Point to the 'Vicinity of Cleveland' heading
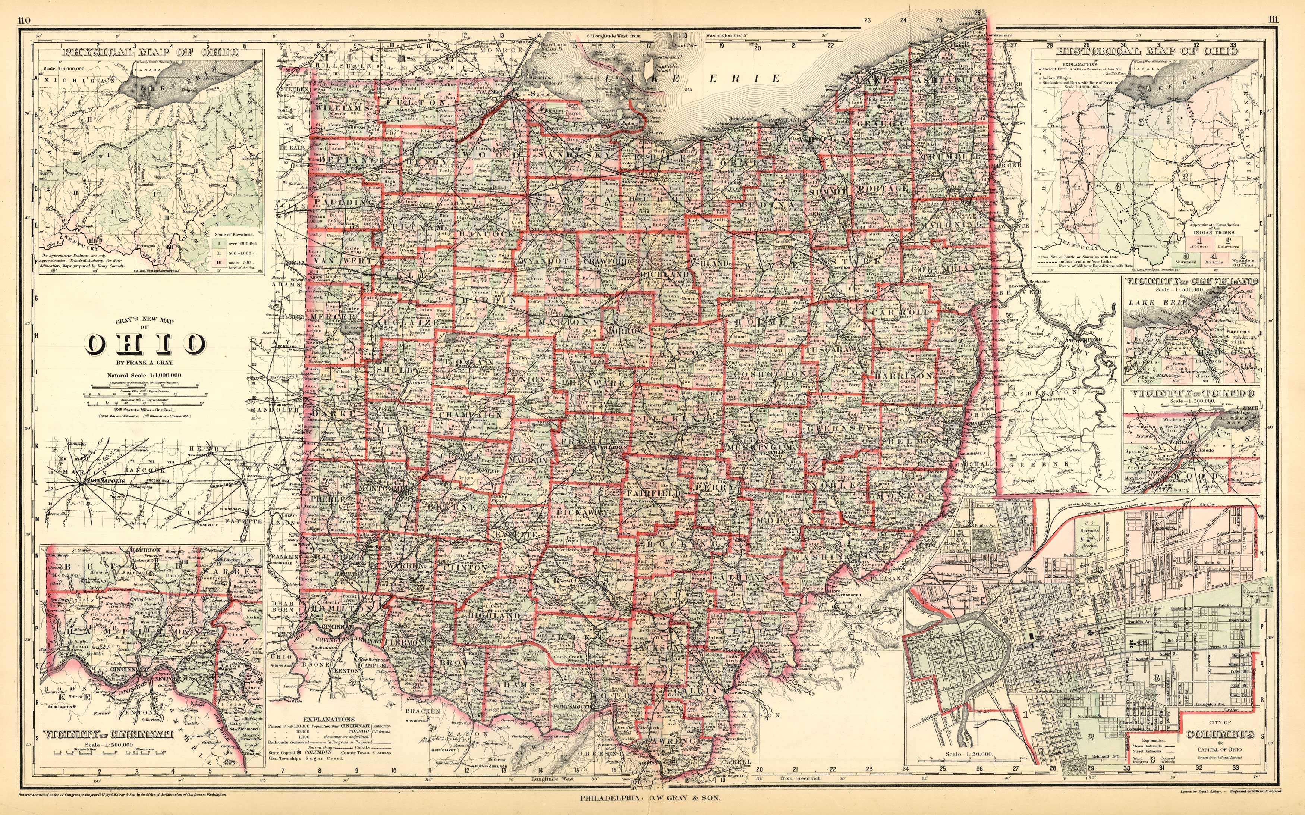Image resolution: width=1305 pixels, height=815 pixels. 1191,281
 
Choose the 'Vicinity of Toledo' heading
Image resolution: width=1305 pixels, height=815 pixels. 1191,394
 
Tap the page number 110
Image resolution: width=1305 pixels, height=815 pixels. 24,21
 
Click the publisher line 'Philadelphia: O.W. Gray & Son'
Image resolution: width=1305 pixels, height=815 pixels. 649,799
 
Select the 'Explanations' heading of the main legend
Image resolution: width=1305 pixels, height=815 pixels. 329,719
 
